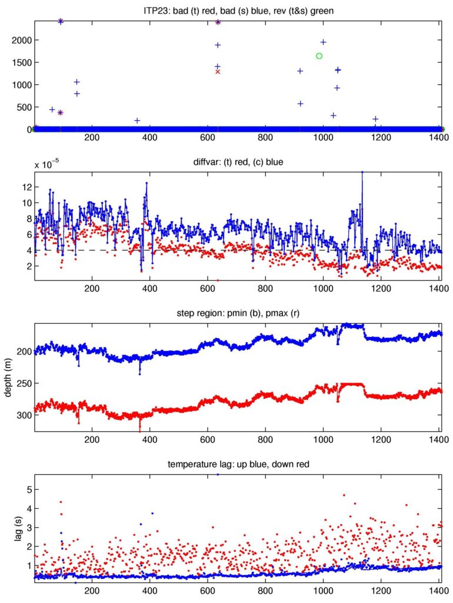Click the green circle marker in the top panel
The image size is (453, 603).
click(319, 56)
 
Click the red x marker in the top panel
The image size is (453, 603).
click(218, 72)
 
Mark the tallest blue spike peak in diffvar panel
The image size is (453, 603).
click(362, 172)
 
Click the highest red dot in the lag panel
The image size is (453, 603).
click(344, 495)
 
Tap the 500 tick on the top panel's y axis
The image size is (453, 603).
click(24, 107)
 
